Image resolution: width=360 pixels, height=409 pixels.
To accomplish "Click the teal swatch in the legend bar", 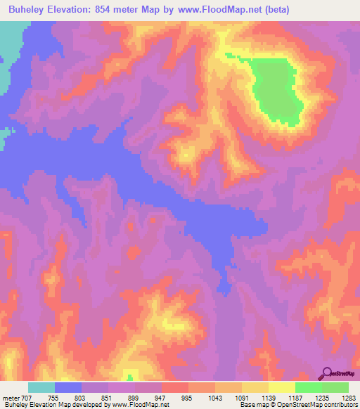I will (41, 387).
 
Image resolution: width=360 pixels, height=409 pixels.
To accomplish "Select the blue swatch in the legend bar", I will (68, 387).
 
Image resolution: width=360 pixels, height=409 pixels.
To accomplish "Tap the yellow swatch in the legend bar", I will (282, 387).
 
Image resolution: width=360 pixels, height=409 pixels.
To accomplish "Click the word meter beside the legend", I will (10, 397).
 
